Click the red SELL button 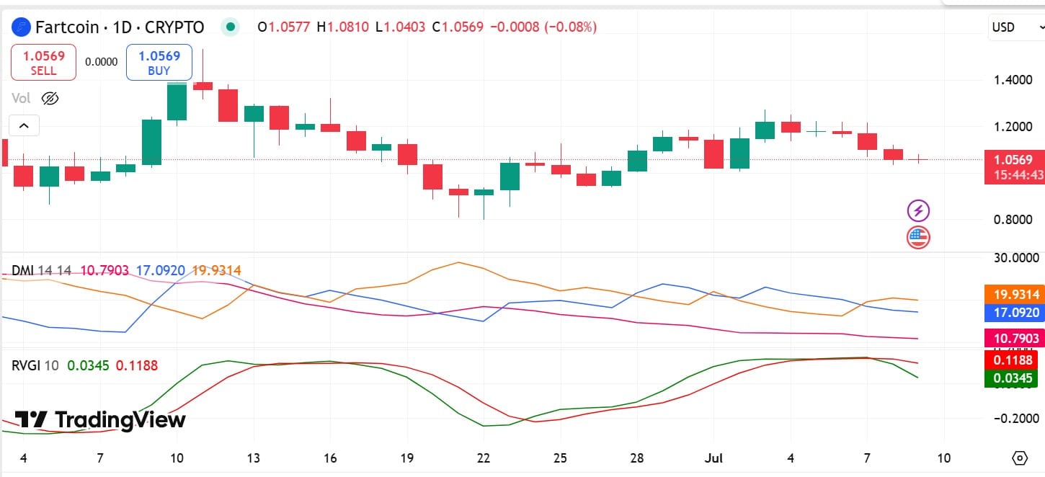(x=43, y=63)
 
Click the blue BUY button (x=159, y=63)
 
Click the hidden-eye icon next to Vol (x=50, y=98)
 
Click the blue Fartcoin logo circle (x=22, y=27)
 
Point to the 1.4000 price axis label (x=1012, y=79)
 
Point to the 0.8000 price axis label (x=1012, y=219)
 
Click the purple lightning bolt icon (x=918, y=210)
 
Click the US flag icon (x=918, y=236)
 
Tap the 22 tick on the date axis (x=484, y=458)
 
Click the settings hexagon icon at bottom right (x=1019, y=458)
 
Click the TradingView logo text (x=101, y=419)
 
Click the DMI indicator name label (x=22, y=270)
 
